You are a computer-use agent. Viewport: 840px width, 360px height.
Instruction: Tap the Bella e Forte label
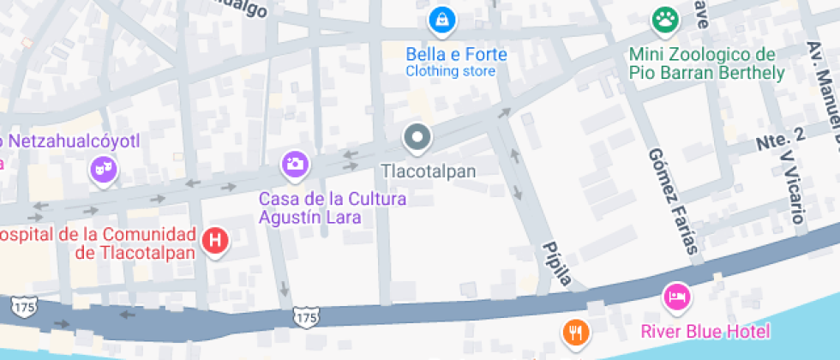(456, 55)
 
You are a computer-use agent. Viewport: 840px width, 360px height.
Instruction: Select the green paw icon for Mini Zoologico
(663, 20)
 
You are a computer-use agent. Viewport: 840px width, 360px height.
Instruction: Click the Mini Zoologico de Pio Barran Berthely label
(706, 63)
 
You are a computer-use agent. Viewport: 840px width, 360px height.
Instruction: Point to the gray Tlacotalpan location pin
(417, 137)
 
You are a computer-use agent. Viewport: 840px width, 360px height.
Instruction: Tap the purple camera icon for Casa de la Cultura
(294, 164)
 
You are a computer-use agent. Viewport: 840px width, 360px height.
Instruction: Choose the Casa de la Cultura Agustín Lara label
(333, 208)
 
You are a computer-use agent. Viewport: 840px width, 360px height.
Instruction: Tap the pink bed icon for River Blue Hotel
(678, 297)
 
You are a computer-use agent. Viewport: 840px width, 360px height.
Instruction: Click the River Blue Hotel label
(706, 331)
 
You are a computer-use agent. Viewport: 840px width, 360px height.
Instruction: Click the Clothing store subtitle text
(451, 71)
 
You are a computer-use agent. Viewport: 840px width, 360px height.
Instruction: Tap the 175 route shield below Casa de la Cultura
(305, 316)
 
